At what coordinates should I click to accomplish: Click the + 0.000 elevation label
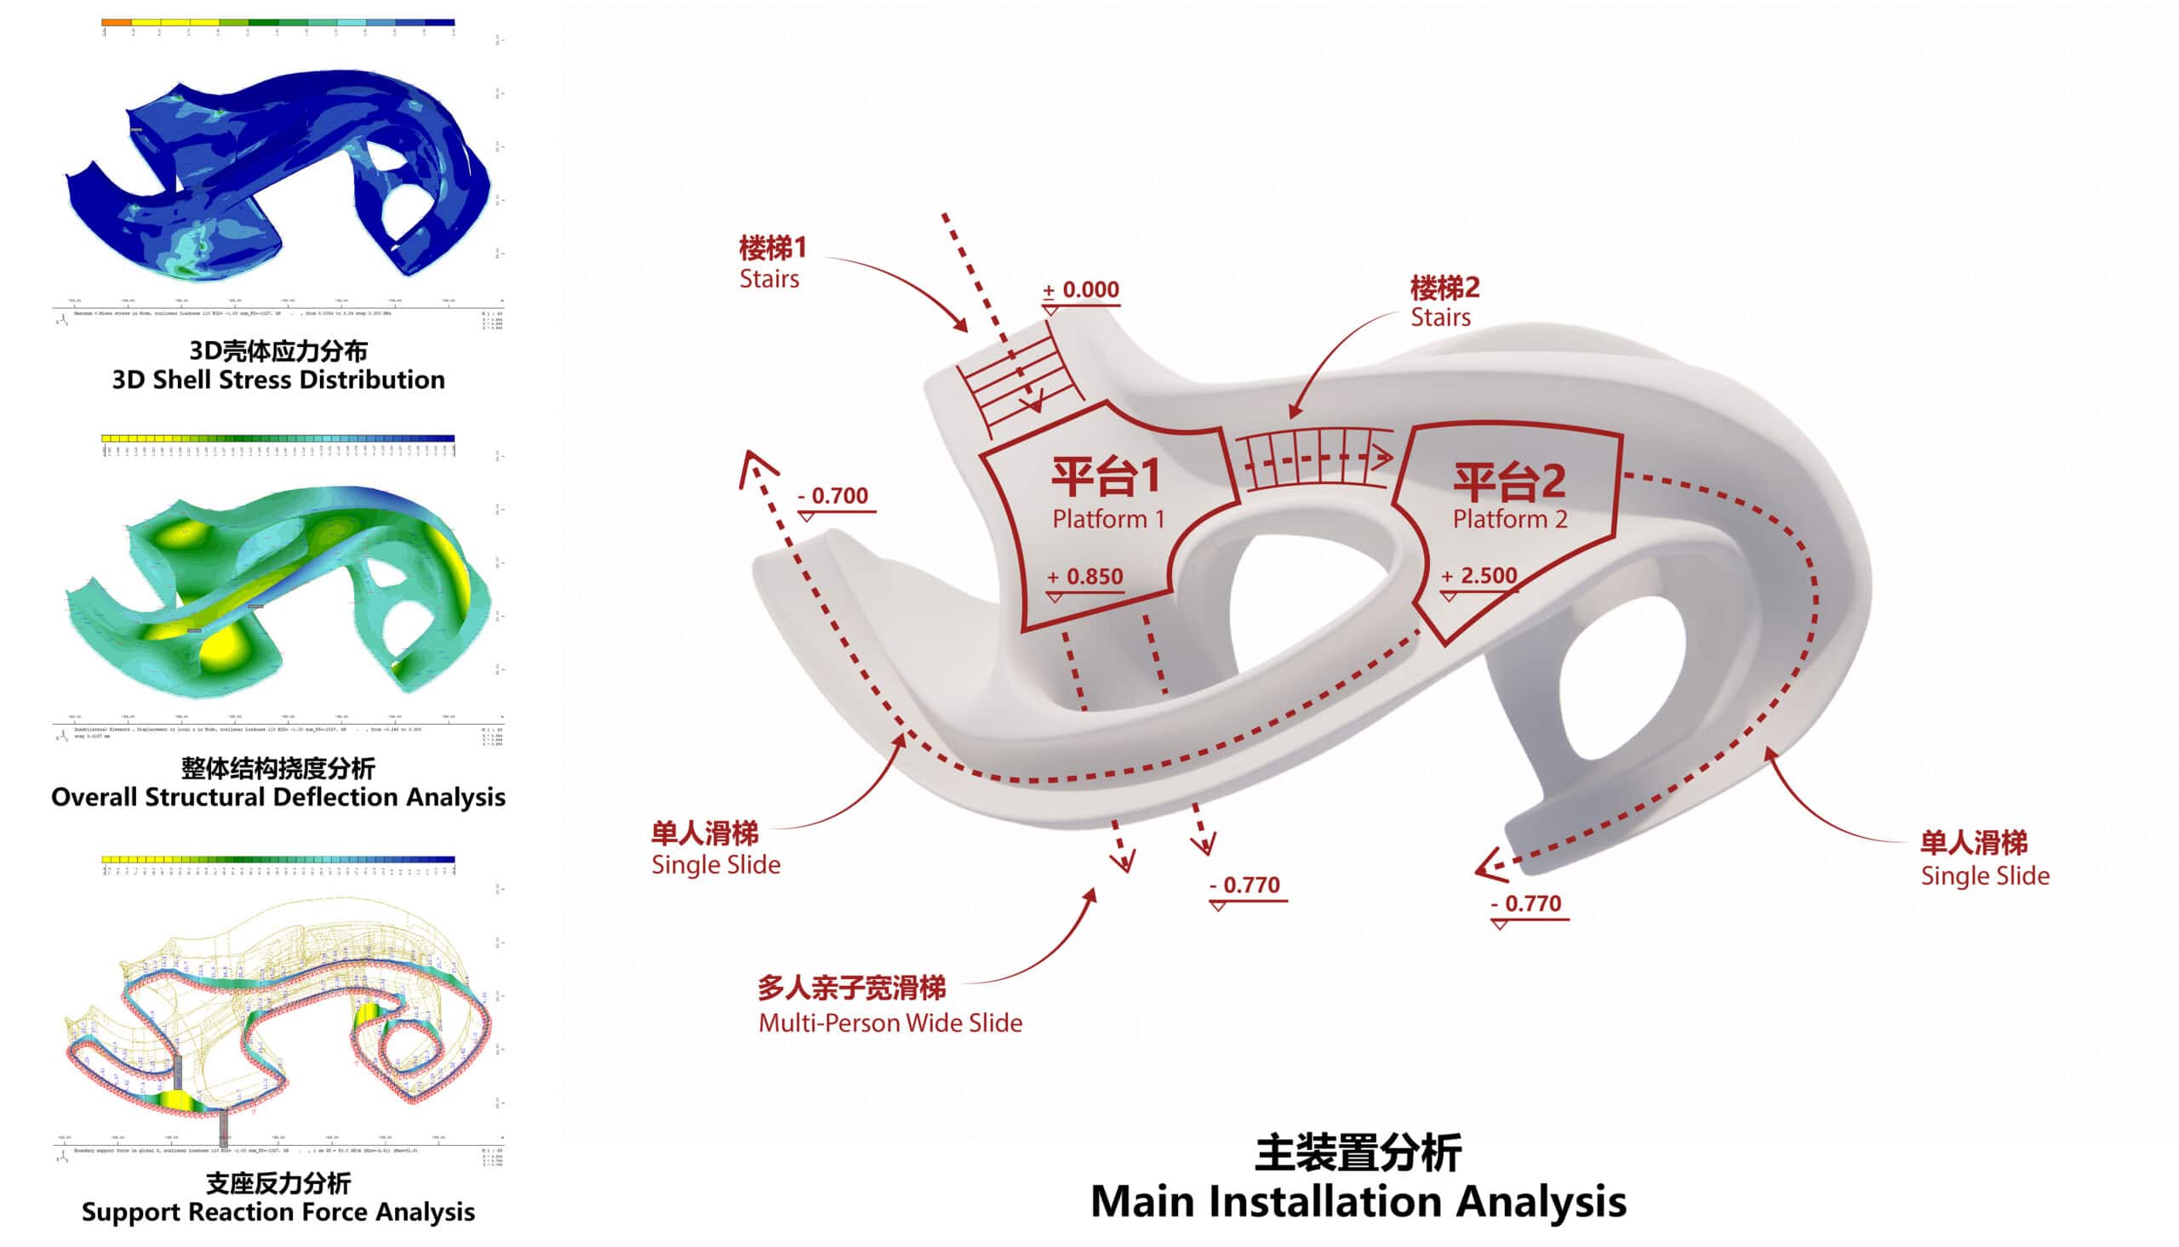point(1080,290)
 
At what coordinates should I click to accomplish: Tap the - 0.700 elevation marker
point(832,496)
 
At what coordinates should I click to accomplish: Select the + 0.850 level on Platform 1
point(1084,577)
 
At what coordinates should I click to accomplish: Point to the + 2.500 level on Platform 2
point(1479,576)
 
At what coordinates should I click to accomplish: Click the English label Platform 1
point(1108,519)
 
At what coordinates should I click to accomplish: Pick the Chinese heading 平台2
point(1509,481)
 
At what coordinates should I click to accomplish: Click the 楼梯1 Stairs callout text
point(772,263)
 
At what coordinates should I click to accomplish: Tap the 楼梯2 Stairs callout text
point(1444,301)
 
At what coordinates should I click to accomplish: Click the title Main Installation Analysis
point(1358,1202)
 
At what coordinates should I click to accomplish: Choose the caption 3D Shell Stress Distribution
point(278,379)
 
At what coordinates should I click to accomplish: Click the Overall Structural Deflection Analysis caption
point(278,796)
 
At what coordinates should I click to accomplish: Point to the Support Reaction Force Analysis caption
point(278,1212)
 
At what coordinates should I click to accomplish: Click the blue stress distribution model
point(283,171)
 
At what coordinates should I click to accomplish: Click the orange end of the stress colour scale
point(116,22)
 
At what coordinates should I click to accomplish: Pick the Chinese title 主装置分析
point(1358,1153)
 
